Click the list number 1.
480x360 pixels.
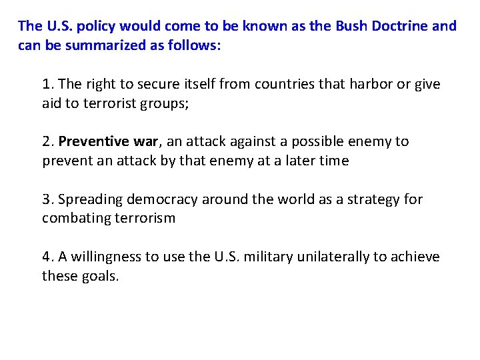tap(47, 85)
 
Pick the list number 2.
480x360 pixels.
tap(47, 141)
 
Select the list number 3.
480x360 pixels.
tap(47, 199)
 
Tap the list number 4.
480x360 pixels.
tap(47, 257)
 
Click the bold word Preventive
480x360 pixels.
tap(89, 141)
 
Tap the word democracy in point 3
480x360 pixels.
tap(161, 199)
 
